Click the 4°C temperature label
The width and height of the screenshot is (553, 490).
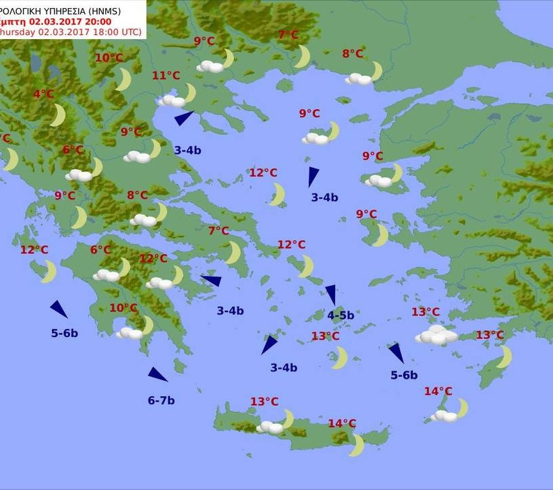44,94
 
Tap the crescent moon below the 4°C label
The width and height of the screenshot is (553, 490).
58,115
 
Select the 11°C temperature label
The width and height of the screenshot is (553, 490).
166,75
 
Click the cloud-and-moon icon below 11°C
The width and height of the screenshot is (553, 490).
177,97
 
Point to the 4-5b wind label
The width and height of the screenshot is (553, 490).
341,315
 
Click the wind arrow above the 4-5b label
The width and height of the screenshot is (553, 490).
331,294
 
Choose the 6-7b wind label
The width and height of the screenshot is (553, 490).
161,400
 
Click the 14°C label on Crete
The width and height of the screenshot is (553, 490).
342,423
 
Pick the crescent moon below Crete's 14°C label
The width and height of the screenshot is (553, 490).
357,444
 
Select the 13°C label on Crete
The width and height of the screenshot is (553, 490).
264,402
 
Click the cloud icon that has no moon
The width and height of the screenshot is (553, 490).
436,335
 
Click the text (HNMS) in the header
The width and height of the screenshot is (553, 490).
125,9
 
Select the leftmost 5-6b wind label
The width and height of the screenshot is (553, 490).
65,333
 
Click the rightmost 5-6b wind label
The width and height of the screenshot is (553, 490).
404,375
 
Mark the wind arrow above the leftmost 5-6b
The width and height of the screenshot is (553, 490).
59,309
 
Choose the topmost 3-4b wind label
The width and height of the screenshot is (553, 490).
187,150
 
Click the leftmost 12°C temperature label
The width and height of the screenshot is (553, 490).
34,250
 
